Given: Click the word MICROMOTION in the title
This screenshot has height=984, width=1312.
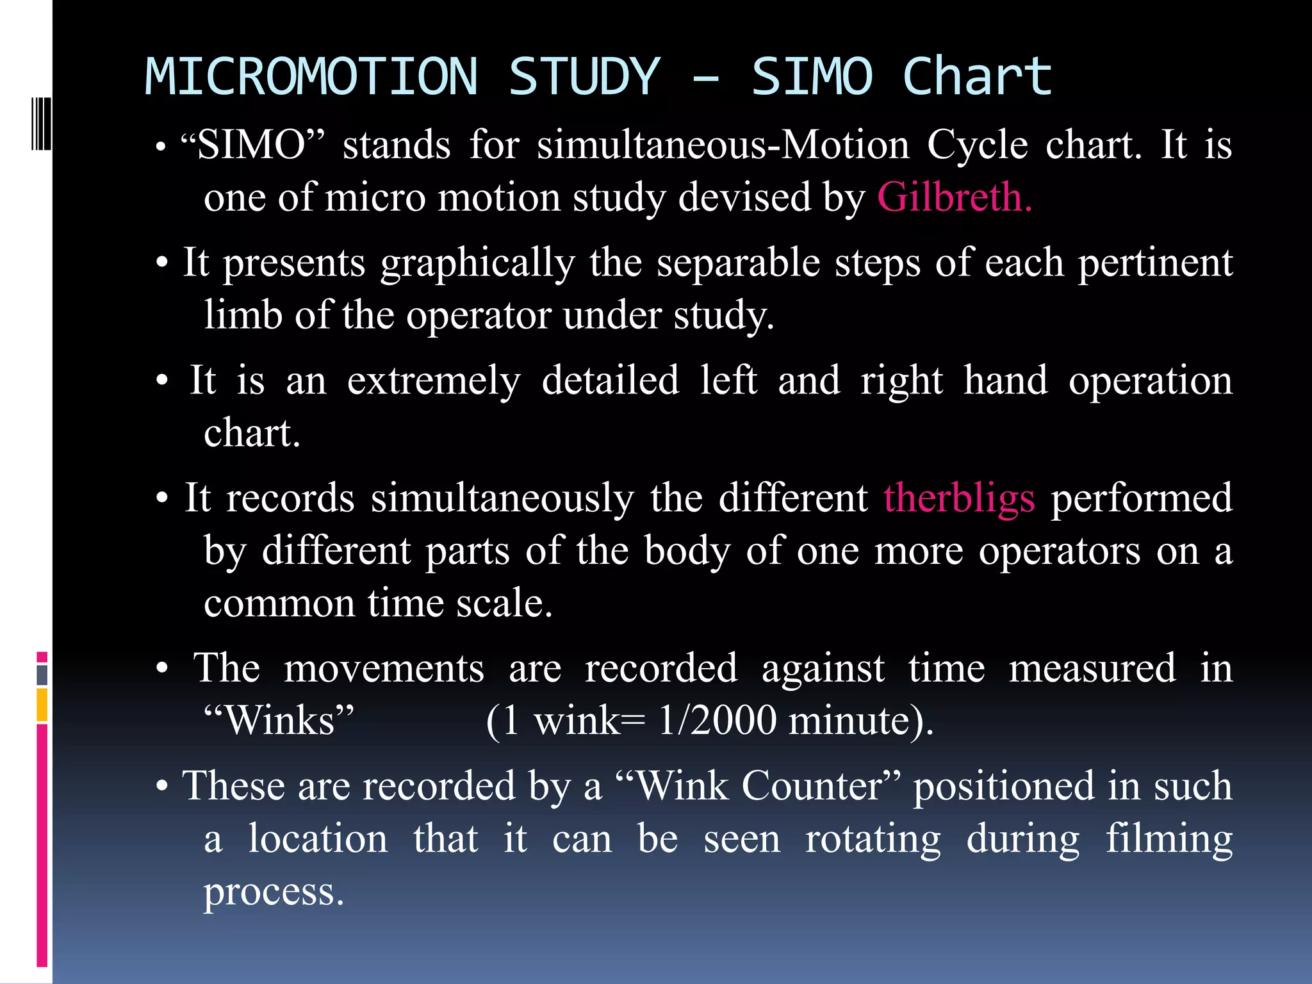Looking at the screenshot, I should coord(311,77).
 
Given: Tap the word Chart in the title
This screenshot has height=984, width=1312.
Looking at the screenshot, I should coord(977,77).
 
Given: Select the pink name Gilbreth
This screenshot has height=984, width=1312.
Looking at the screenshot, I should coord(954,197).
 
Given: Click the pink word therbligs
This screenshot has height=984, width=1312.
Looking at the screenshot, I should coord(959,498).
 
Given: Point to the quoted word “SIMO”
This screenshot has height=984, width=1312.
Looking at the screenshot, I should coord(252,145).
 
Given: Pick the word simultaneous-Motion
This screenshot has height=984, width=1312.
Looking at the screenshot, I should coord(723,145).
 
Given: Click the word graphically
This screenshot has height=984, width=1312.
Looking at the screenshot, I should coord(478,263).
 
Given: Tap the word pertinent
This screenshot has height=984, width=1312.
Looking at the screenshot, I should coord(1155,263).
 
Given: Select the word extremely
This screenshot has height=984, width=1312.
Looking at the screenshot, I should coord(434,381).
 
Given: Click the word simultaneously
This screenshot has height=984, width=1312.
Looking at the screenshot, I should coord(502,498).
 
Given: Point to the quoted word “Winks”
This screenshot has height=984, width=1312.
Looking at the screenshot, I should coord(279,721).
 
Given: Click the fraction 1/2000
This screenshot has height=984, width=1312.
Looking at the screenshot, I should coord(718,721).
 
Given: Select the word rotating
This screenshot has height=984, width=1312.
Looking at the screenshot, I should coord(873,839).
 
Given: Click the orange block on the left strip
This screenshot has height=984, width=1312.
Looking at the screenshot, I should coord(42,705).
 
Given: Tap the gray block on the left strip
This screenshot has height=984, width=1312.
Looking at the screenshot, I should coord(42,675).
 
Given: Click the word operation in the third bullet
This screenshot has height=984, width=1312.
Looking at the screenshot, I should coord(1150,381).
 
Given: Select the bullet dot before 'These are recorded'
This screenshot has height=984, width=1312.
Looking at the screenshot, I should coord(162,787).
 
